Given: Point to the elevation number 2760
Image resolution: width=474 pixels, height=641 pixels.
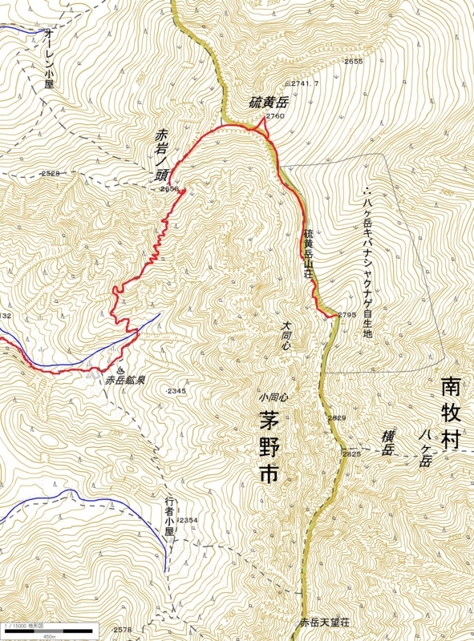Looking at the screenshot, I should pyautogui.click(x=275, y=117).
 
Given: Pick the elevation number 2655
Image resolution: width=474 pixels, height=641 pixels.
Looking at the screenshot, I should pyautogui.click(x=354, y=62).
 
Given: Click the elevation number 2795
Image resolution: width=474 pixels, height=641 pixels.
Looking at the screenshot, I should pyautogui.click(x=346, y=315).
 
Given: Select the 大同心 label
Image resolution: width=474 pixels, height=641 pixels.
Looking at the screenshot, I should pyautogui.click(x=286, y=336).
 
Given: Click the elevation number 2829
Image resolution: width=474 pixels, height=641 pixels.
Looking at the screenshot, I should pyautogui.click(x=337, y=418).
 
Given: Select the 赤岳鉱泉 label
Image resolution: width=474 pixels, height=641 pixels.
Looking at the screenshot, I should pyautogui.click(x=125, y=381).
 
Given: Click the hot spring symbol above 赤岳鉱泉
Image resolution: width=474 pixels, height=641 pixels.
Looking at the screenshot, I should pyautogui.click(x=120, y=370).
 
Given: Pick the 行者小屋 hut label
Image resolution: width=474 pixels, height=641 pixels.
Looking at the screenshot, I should pyautogui.click(x=169, y=518).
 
